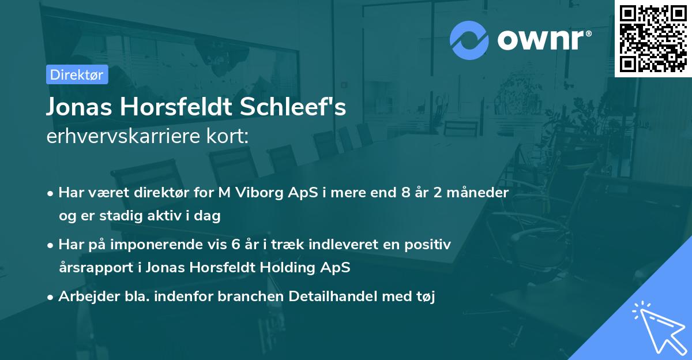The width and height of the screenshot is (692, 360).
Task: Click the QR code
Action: [653, 38]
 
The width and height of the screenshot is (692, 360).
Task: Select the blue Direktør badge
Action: [77, 74]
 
